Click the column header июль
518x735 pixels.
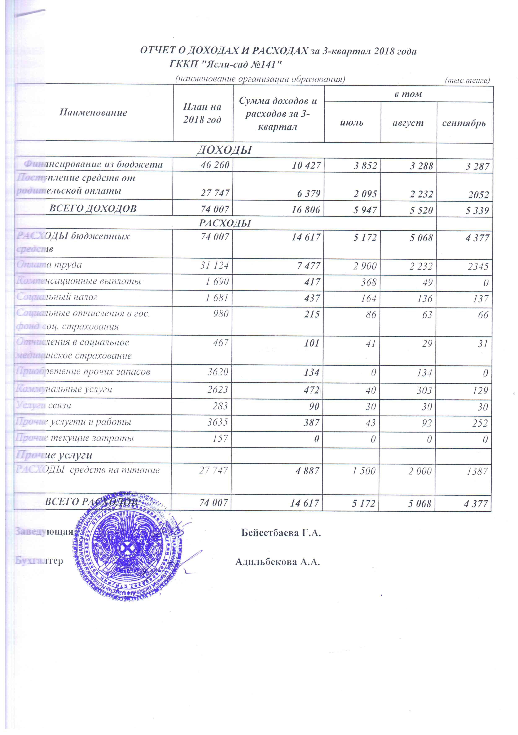tap(351, 123)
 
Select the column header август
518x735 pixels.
tap(408, 123)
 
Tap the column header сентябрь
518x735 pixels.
tap(464, 123)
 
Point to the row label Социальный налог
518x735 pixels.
tap(57, 297)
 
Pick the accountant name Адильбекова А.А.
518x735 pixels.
tap(278, 562)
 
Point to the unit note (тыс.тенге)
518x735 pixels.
tap(467, 80)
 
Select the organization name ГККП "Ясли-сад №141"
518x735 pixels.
tap(225, 65)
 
